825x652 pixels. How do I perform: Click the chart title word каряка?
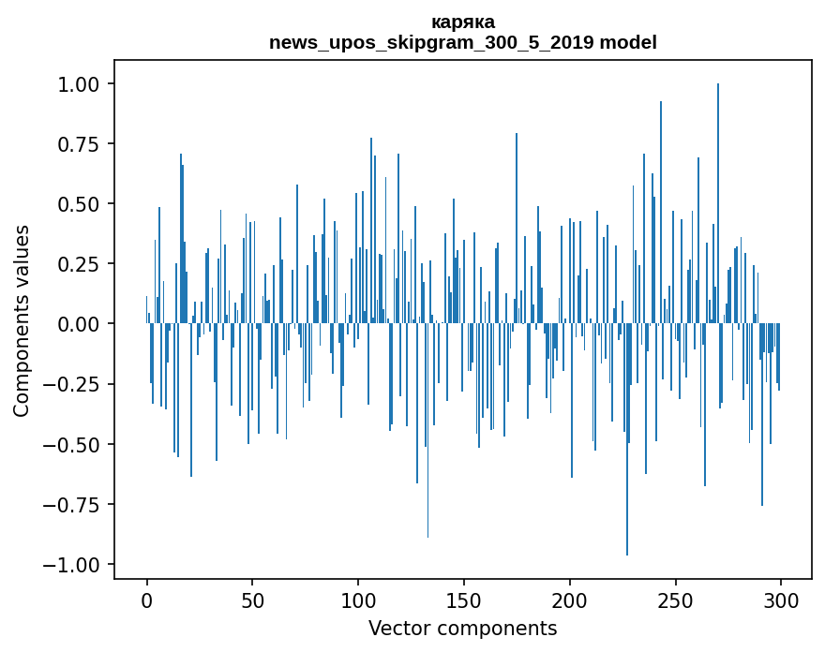click(x=463, y=22)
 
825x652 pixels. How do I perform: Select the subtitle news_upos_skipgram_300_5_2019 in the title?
click(x=432, y=42)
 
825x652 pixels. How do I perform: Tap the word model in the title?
click(x=628, y=42)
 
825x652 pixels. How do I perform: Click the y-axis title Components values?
click(x=22, y=320)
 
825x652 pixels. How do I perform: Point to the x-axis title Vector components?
click(x=463, y=629)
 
